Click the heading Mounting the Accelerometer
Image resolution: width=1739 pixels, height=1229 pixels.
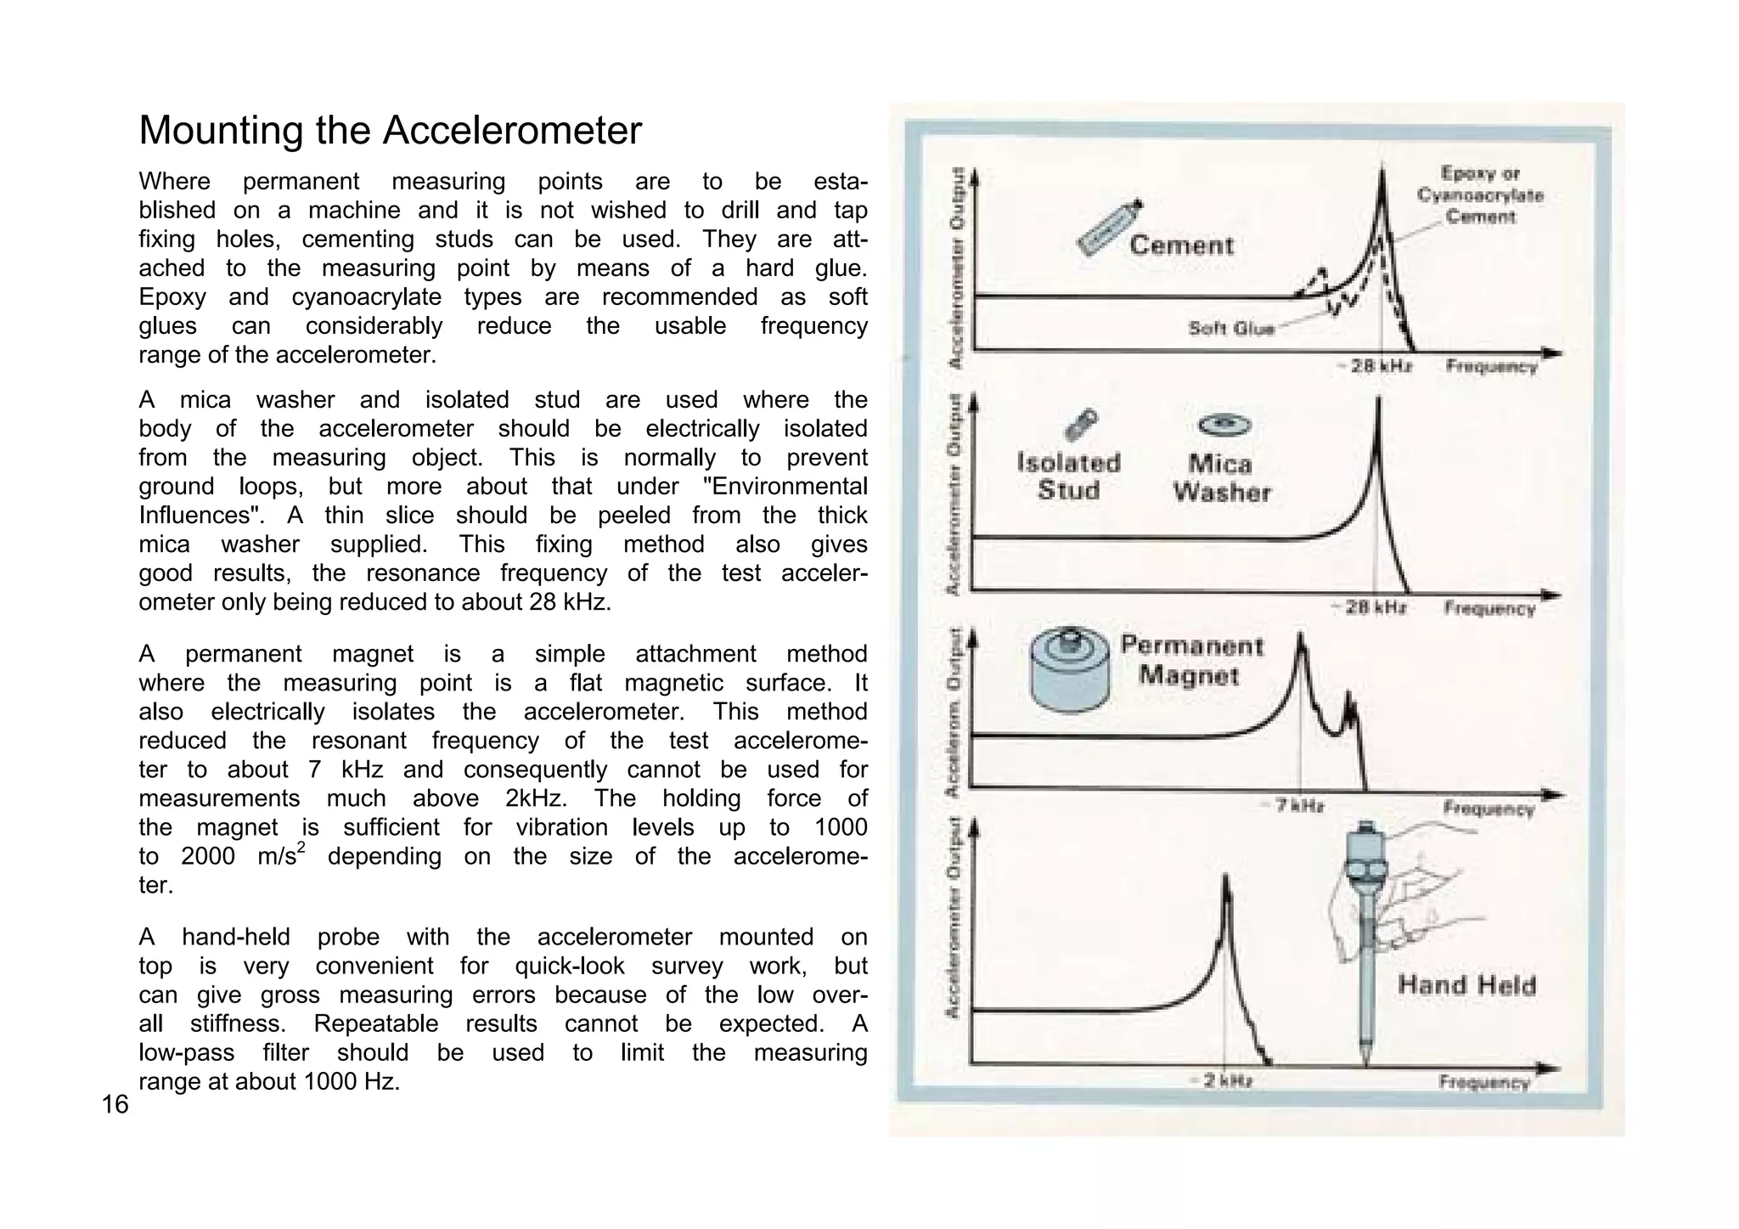coord(390,131)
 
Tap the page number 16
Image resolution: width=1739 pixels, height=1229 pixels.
coord(115,1104)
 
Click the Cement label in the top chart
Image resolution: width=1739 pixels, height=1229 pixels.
coord(1181,245)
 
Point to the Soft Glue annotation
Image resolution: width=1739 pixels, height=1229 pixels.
coord(1231,329)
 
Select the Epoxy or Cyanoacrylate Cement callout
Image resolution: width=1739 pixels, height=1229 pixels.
coord(1480,195)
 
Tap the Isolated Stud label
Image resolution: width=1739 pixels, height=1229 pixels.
coord(1068,476)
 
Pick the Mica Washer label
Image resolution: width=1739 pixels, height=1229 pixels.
coord(1221,478)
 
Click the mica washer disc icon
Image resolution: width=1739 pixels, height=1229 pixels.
coord(1224,424)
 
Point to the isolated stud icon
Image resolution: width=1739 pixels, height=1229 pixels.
coord(1082,424)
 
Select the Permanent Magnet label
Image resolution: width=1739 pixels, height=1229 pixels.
coord(1191,661)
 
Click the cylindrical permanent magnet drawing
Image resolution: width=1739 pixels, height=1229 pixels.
coord(1069,670)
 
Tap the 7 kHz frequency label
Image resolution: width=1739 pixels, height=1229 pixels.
coord(1299,805)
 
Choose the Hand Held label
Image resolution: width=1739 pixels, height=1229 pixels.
coord(1466,985)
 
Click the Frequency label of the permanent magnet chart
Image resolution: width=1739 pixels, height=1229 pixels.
coord(1489,808)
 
